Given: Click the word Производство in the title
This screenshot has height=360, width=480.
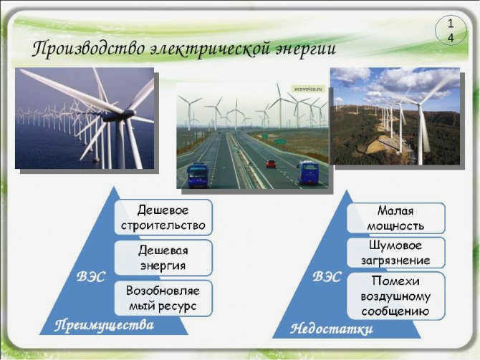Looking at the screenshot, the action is [x=89, y=49].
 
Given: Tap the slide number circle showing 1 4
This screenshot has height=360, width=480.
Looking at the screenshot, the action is [x=451, y=31].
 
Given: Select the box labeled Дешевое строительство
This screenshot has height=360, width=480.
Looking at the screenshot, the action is [x=163, y=218].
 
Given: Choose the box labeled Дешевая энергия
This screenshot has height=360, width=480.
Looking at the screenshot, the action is [x=163, y=258].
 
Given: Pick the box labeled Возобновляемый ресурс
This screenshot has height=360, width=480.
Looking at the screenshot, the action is [x=163, y=298].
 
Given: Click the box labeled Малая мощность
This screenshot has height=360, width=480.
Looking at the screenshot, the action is [x=395, y=218].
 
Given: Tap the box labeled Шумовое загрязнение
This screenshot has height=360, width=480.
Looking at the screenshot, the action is [x=395, y=253].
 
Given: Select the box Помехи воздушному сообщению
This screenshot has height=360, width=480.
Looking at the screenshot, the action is [x=395, y=296].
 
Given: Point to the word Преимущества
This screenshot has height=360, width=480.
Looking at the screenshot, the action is [x=104, y=326].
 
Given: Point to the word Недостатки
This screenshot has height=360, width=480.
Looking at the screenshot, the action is [x=332, y=329].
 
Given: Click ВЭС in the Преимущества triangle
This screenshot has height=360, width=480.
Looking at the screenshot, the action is [x=90, y=277].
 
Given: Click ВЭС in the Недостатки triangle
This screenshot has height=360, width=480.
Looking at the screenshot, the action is [x=327, y=277].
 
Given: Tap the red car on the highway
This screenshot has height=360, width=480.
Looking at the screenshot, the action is [x=271, y=164].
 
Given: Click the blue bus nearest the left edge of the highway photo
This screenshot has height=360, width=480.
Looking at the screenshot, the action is [x=198, y=175].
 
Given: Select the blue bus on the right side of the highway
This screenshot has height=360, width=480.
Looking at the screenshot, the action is [x=308, y=172].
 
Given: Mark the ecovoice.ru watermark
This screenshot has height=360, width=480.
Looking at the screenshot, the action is [x=308, y=89].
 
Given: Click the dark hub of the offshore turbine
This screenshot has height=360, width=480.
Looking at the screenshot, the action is [x=118, y=116].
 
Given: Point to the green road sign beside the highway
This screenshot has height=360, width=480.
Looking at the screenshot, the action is [x=280, y=141].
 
